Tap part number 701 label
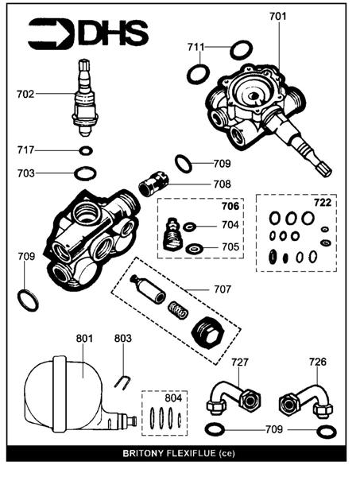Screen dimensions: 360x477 pyautogui.click(x=278, y=16)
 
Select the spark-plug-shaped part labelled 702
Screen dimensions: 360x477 pyautogui.click(x=85, y=98)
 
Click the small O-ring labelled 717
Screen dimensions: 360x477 pyautogui.click(x=86, y=150)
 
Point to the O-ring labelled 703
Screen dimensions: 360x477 pyautogui.click(x=86, y=173)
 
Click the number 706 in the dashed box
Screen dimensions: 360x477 pyautogui.click(x=230, y=206)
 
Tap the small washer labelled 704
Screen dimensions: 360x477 pyautogui.click(x=189, y=227)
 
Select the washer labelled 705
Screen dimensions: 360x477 pyautogui.click(x=193, y=249)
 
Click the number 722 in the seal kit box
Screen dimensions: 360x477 pyautogui.click(x=323, y=202)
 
